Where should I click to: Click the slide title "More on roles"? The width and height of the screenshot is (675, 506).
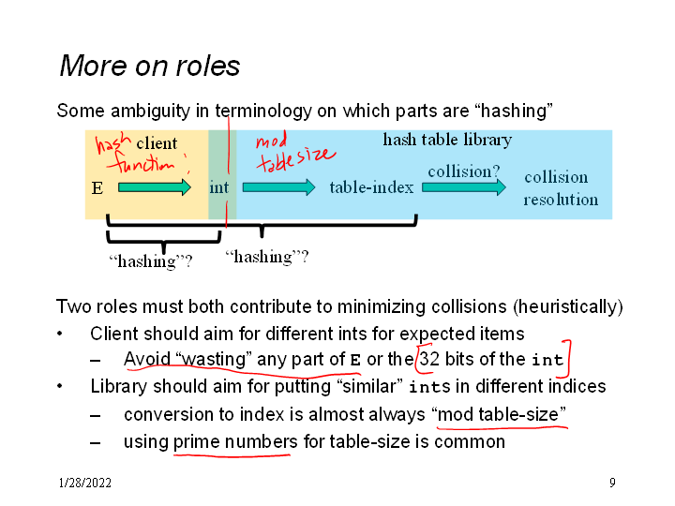click(150, 67)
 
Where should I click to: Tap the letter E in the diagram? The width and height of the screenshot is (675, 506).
click(97, 188)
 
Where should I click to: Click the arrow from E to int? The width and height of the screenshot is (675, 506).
click(155, 187)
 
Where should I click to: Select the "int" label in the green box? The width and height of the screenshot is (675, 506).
click(218, 187)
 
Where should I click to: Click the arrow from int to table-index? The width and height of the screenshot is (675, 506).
click(278, 187)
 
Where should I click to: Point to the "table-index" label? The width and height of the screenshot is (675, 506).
click(371, 187)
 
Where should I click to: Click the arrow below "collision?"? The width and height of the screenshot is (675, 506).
click(463, 187)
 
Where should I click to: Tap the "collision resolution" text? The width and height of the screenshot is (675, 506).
click(560, 188)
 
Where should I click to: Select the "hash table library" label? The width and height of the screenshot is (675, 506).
click(447, 141)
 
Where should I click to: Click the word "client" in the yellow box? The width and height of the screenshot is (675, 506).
click(157, 143)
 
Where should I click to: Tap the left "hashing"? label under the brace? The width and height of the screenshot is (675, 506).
click(151, 261)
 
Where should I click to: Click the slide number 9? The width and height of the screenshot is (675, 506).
click(612, 484)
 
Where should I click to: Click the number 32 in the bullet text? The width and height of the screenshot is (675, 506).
click(430, 359)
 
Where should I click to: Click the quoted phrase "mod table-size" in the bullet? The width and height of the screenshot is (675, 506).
click(499, 414)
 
